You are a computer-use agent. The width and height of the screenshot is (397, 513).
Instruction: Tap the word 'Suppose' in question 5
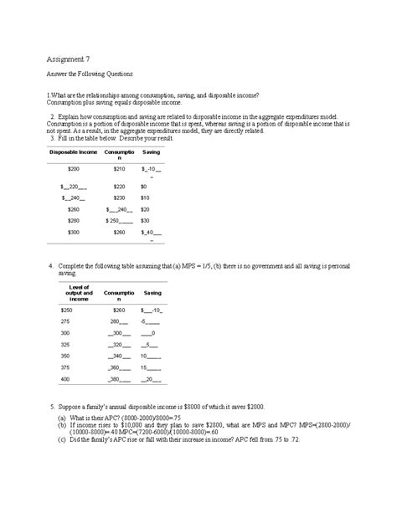(70, 405)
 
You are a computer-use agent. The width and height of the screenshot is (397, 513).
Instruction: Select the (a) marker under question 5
(61, 417)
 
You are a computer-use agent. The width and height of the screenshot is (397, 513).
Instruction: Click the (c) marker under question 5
(61, 439)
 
